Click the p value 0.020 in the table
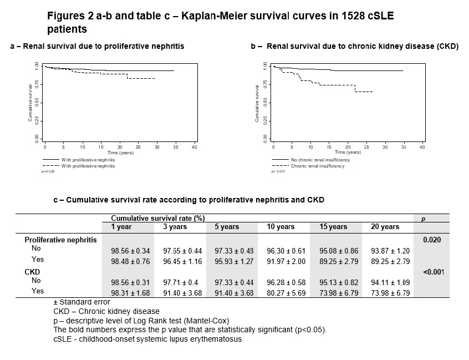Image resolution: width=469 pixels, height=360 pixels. tap(432, 240)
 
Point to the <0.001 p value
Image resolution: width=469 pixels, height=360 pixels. tap(434, 272)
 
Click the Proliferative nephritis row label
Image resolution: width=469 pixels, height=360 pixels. tap(61, 240)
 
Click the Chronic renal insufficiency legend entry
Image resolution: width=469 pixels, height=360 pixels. tap(317, 166)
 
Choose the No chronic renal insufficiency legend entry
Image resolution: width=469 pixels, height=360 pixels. tap(321, 160)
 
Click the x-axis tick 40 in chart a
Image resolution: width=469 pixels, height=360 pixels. tap(194, 147)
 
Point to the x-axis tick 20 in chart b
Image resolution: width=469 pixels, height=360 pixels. tap(348, 147)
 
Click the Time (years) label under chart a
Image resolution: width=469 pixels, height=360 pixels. tap(120, 152)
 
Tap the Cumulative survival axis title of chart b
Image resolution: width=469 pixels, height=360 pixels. tap(257, 103)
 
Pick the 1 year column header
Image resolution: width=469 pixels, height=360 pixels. tap(120, 227)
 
